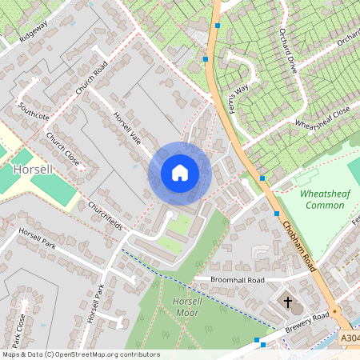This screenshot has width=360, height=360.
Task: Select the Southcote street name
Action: pyautogui.click(x=34, y=110)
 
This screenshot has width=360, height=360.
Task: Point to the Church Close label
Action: pyautogui.click(x=62, y=150)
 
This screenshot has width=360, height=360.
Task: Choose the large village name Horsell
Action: pyautogui.click(x=33, y=170)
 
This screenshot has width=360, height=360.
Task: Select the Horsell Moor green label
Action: pyautogui.click(x=168, y=306)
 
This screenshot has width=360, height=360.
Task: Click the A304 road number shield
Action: pyautogui.click(x=349, y=339)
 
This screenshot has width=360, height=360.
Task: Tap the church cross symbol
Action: pyautogui.click(x=288, y=302)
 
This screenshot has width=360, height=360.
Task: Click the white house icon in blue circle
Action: pyautogui.click(x=180, y=173)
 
